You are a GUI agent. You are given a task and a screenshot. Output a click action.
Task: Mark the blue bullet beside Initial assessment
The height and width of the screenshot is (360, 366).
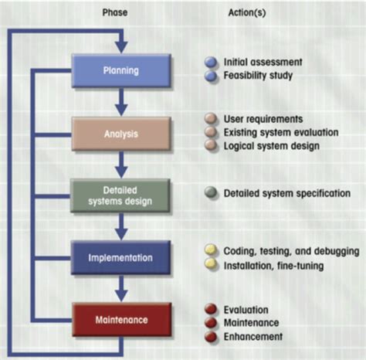coord(210,61)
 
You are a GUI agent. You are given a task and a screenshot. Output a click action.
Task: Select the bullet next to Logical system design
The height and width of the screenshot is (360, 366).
coord(210,144)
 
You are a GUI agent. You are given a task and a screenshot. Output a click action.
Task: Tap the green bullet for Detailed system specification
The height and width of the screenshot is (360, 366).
coord(210,193)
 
